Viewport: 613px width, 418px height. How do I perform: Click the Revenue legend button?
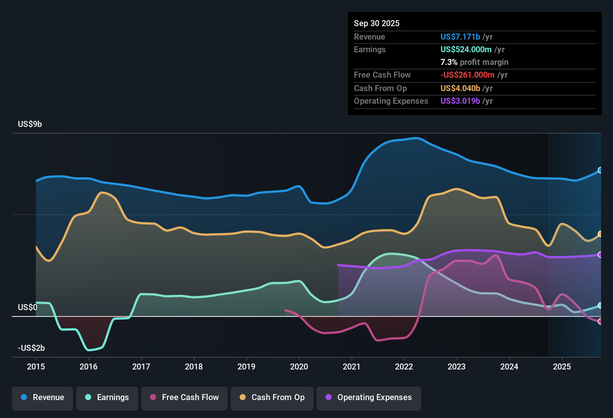click(43, 397)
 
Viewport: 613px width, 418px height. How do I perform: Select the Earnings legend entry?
click(107, 397)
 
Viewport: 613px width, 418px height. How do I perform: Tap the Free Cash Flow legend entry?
click(184, 397)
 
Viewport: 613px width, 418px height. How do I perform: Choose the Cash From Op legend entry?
click(272, 397)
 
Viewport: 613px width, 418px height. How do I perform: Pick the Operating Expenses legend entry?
click(369, 397)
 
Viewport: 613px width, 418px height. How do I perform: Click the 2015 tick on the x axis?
click(36, 366)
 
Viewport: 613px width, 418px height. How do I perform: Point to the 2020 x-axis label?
click(299, 366)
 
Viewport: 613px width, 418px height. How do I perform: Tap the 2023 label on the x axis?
click(457, 366)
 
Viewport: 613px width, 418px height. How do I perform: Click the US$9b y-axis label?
click(30, 124)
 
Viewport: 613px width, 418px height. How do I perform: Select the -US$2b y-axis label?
click(31, 348)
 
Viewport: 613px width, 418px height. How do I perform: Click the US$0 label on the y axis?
click(28, 307)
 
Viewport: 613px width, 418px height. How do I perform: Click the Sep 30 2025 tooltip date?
click(377, 23)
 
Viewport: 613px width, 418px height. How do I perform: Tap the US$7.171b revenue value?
click(460, 37)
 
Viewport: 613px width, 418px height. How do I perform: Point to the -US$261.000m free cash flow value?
click(467, 75)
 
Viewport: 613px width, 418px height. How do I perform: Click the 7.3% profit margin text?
click(474, 62)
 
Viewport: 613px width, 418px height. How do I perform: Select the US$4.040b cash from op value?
click(460, 88)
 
